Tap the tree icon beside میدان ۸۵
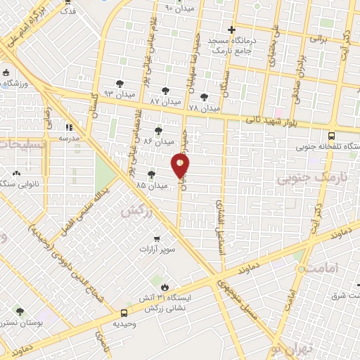pos(151,174)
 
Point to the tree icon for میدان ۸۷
pos(165,91)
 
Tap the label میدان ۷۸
pos(205,108)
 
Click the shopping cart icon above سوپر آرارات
pos(156,238)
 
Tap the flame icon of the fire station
pos(165,287)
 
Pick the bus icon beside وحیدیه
pos(124,313)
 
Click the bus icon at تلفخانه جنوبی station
pos(330,136)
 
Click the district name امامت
pos(323,268)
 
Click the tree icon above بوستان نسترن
pos(19,311)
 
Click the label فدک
pos(68,11)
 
